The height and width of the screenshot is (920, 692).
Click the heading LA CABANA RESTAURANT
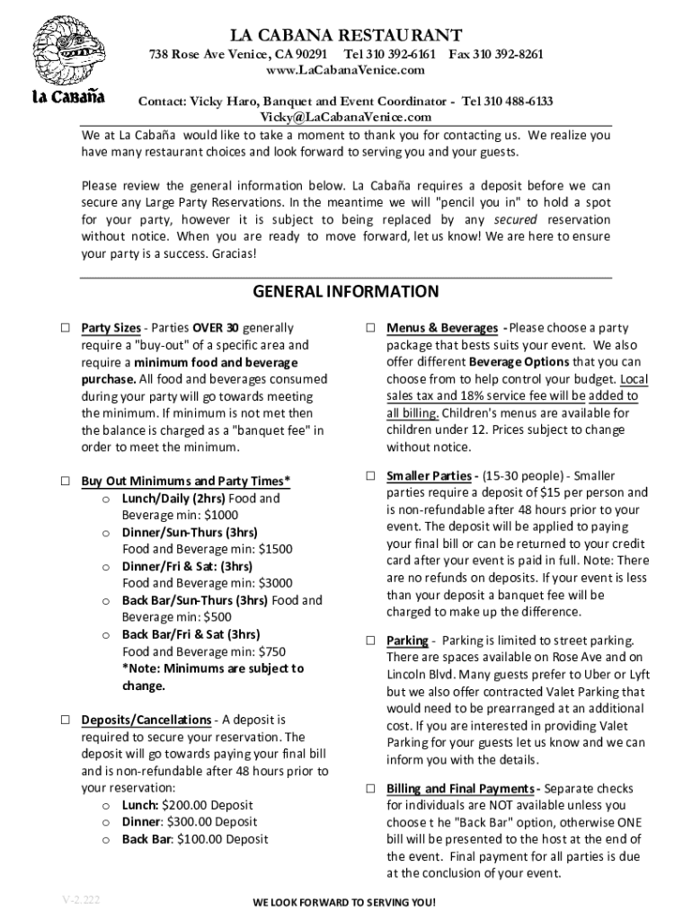tap(346, 35)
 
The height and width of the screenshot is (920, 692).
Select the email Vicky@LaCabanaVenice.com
tap(346, 117)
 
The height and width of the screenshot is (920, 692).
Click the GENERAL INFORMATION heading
tap(346, 292)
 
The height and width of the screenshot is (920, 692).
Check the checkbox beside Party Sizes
tap(66, 329)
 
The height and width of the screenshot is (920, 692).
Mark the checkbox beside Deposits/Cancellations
tap(66, 721)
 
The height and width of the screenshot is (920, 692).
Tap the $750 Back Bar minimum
tap(272, 651)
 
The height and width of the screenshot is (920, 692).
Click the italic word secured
tap(515, 220)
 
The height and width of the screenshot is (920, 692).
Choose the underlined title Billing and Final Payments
tap(462, 789)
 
